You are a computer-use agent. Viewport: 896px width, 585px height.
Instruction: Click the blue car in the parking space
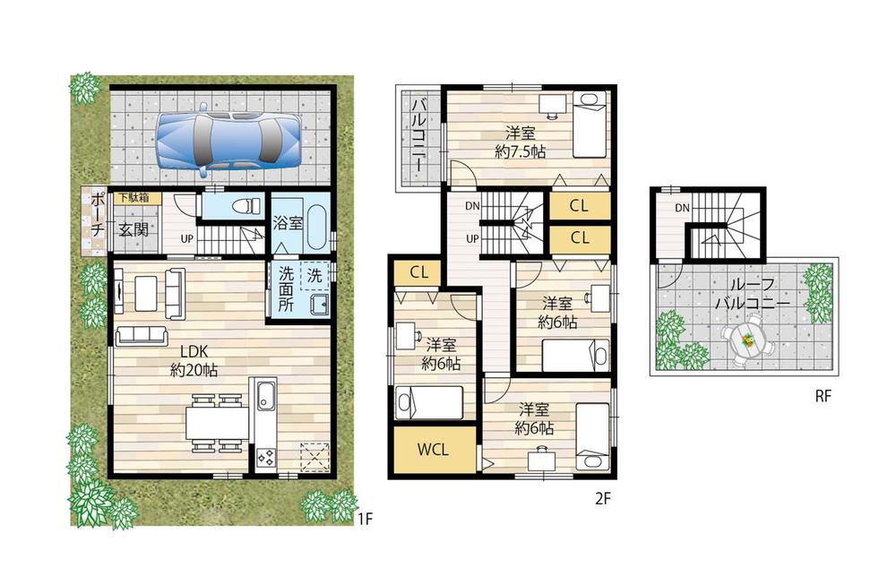pos(228,140)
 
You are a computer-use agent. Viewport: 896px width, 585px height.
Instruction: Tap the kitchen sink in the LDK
pos(266,394)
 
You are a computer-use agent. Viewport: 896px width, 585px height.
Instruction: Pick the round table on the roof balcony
pos(743,342)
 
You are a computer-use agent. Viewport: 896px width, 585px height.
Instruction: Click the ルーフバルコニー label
pos(751,295)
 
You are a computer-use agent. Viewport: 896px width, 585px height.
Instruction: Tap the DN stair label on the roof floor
pos(683,208)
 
